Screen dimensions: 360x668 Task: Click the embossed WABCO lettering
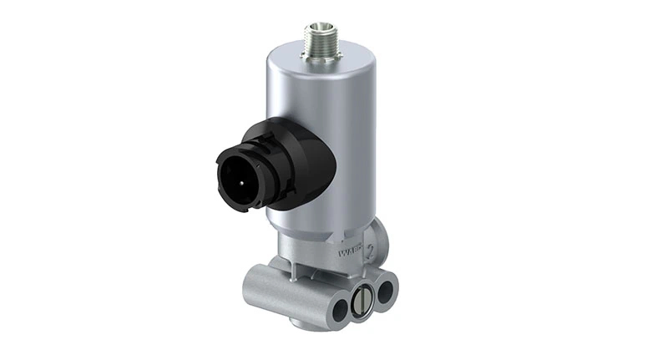point(348,248)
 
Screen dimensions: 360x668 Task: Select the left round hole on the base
point(340,311)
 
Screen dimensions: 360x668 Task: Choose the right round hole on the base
point(385,292)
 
